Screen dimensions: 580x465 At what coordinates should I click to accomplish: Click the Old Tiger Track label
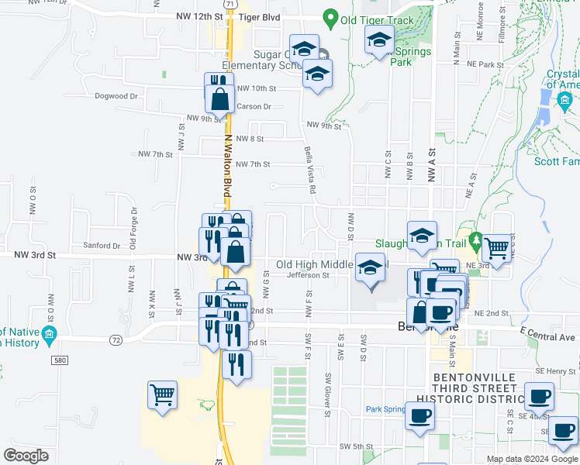click(x=378, y=18)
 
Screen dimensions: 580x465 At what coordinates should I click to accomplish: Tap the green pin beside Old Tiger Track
click(x=331, y=17)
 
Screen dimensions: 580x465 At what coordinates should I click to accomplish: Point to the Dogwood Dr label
click(x=116, y=97)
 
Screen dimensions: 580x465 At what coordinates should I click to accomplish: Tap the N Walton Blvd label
click(x=228, y=167)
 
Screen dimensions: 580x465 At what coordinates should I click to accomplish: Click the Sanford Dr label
click(x=106, y=246)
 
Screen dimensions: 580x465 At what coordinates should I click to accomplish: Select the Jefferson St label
click(x=308, y=275)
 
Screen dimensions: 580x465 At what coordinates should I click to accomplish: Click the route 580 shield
click(x=60, y=360)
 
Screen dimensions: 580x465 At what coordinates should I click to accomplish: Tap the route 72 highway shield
click(x=115, y=340)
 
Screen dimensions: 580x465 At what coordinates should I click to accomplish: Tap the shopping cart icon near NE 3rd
click(x=497, y=250)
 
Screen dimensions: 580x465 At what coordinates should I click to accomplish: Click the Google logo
click(x=26, y=456)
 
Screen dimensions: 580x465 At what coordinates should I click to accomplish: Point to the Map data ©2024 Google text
click(x=531, y=459)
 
